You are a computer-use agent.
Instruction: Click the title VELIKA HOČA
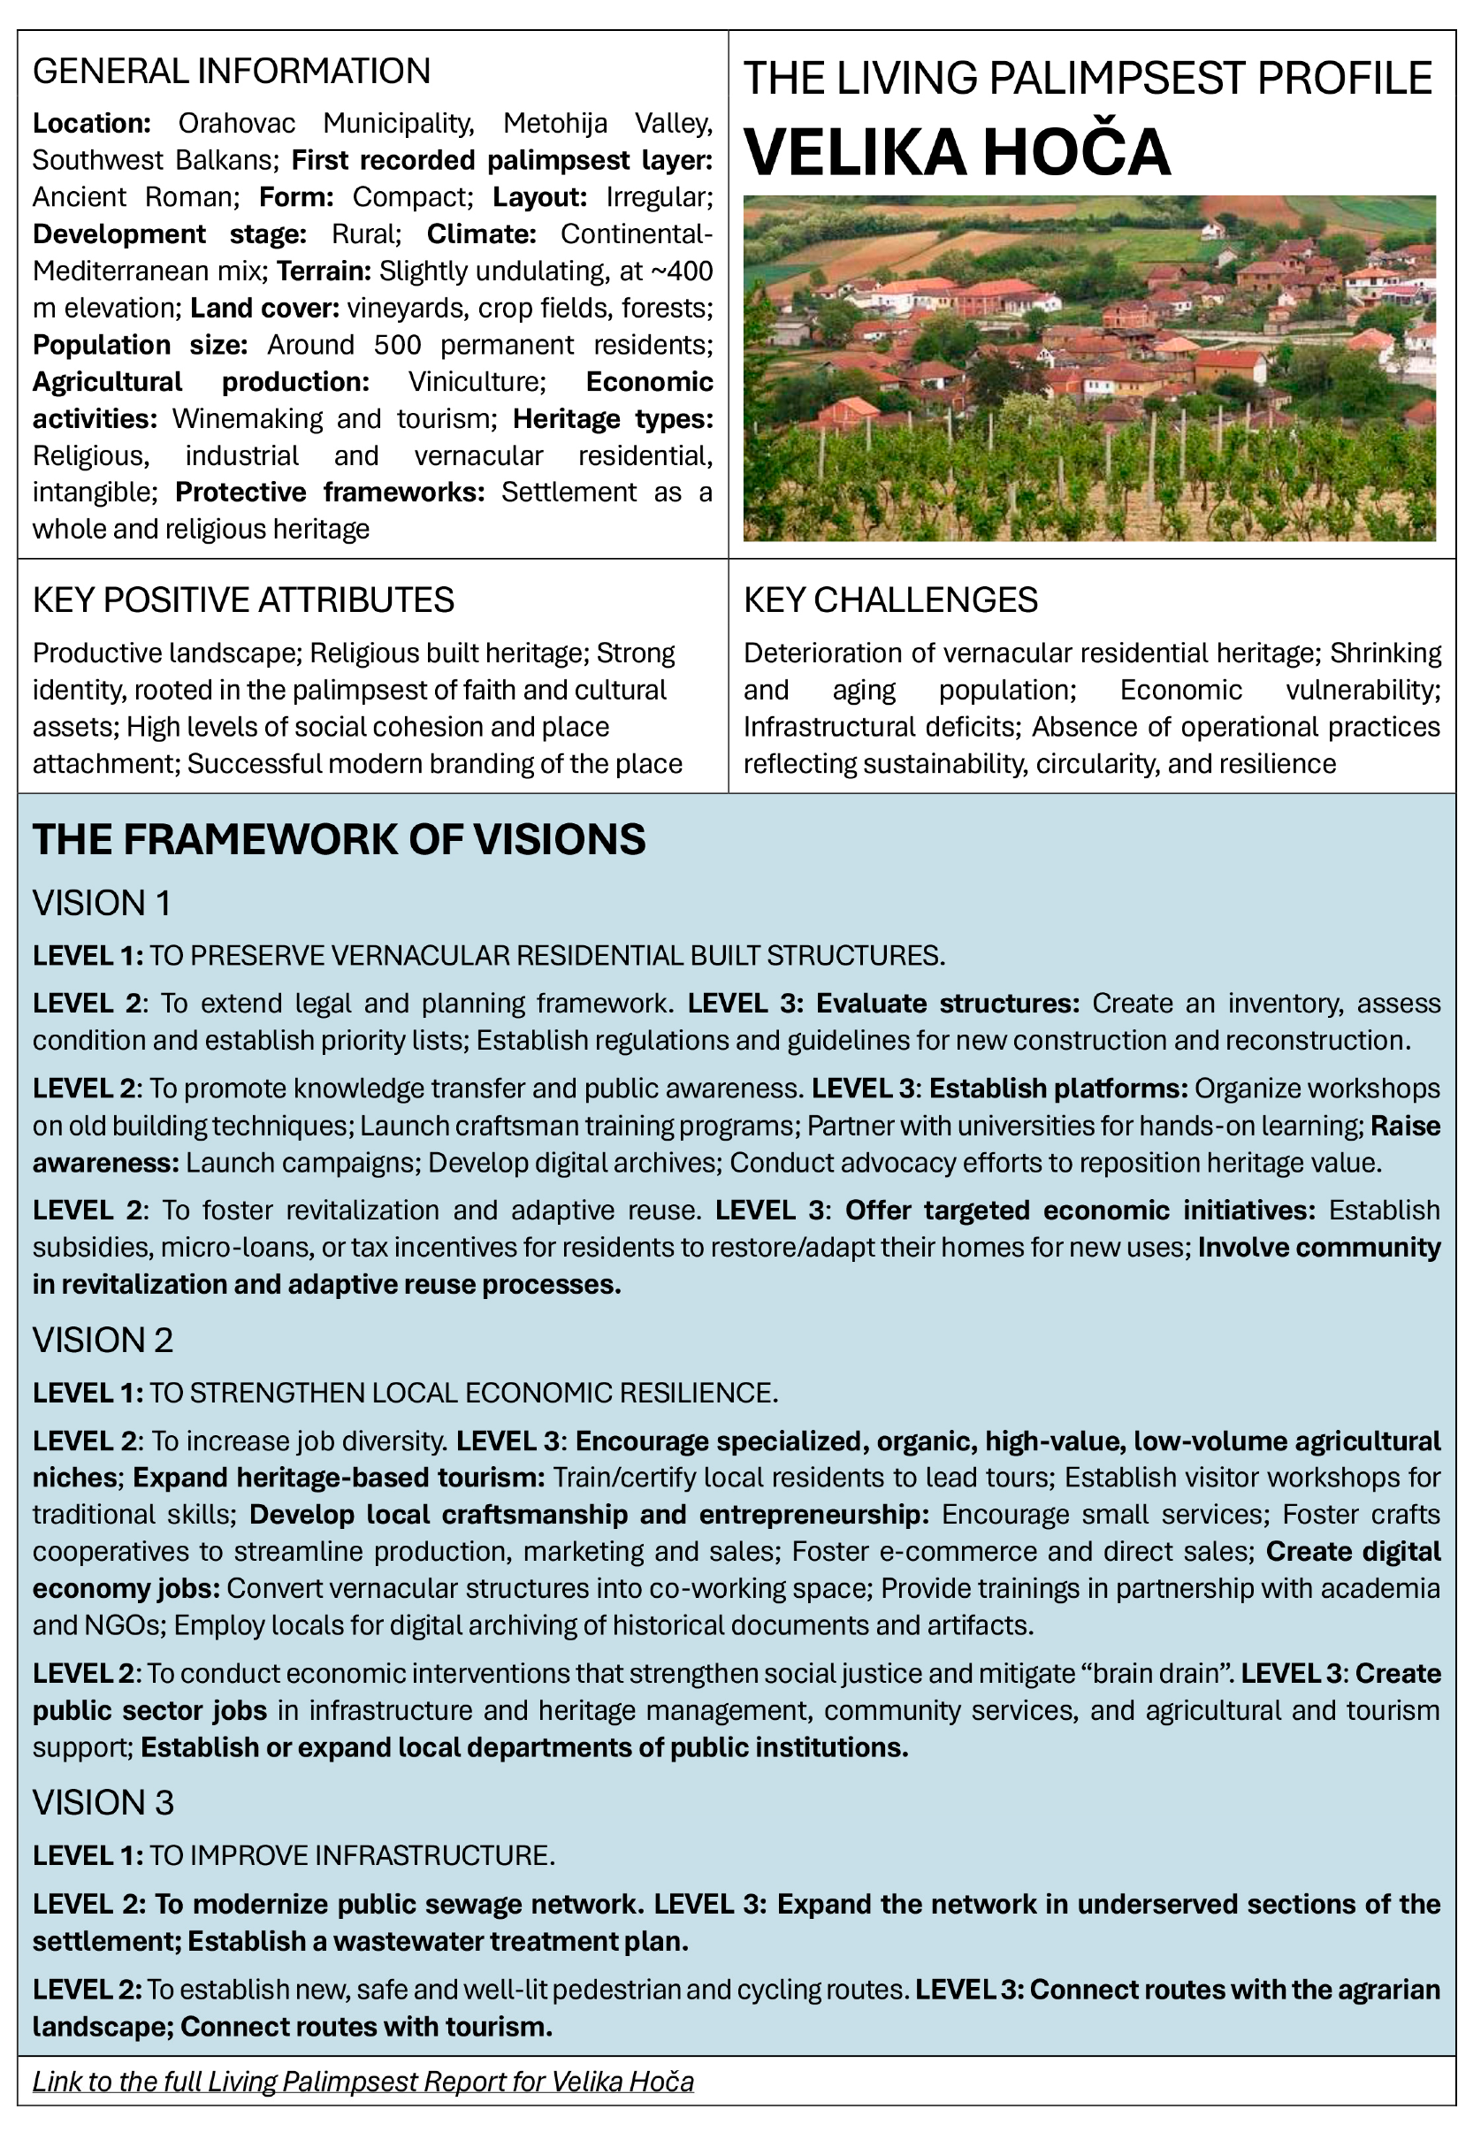957,152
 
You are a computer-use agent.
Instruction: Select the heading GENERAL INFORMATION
231,72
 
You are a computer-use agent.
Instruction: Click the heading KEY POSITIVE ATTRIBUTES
243,600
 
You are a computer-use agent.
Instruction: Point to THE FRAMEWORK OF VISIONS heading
339,840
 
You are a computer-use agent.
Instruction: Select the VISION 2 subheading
103,1340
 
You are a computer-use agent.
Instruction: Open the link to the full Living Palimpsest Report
363,2081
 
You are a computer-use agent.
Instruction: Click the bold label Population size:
140,345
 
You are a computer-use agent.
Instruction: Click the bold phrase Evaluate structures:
948,1003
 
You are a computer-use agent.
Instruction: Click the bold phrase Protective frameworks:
330,493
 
